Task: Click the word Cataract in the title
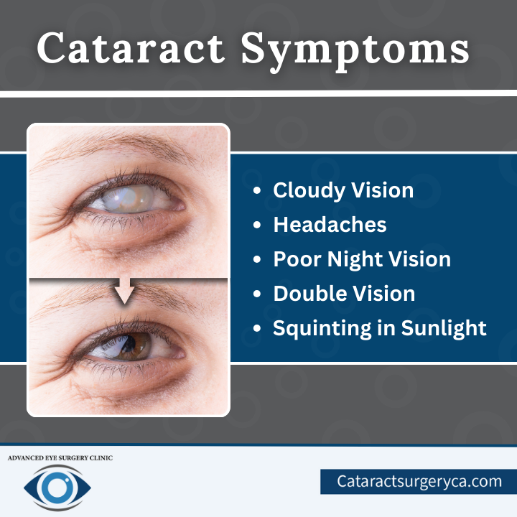pos(131,48)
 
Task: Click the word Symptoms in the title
pos(355,52)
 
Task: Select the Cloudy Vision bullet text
pos(343,190)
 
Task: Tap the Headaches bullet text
pos(330,225)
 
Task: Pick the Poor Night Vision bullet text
pos(362,259)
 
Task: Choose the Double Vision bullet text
pos(344,294)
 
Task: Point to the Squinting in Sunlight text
pos(380,328)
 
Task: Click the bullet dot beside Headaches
pos(257,225)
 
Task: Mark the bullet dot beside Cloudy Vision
pos(257,191)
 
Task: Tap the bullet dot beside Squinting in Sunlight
pos(257,328)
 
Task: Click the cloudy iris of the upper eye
pos(129,198)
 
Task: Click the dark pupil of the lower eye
pos(129,343)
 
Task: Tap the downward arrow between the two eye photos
pos(125,291)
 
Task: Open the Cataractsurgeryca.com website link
pos(419,481)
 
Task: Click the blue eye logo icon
pos(57,488)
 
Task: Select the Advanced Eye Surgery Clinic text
pos(60,458)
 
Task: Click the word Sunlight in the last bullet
pos(444,328)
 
